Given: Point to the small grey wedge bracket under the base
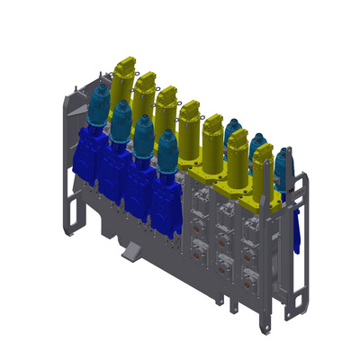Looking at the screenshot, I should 131,251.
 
